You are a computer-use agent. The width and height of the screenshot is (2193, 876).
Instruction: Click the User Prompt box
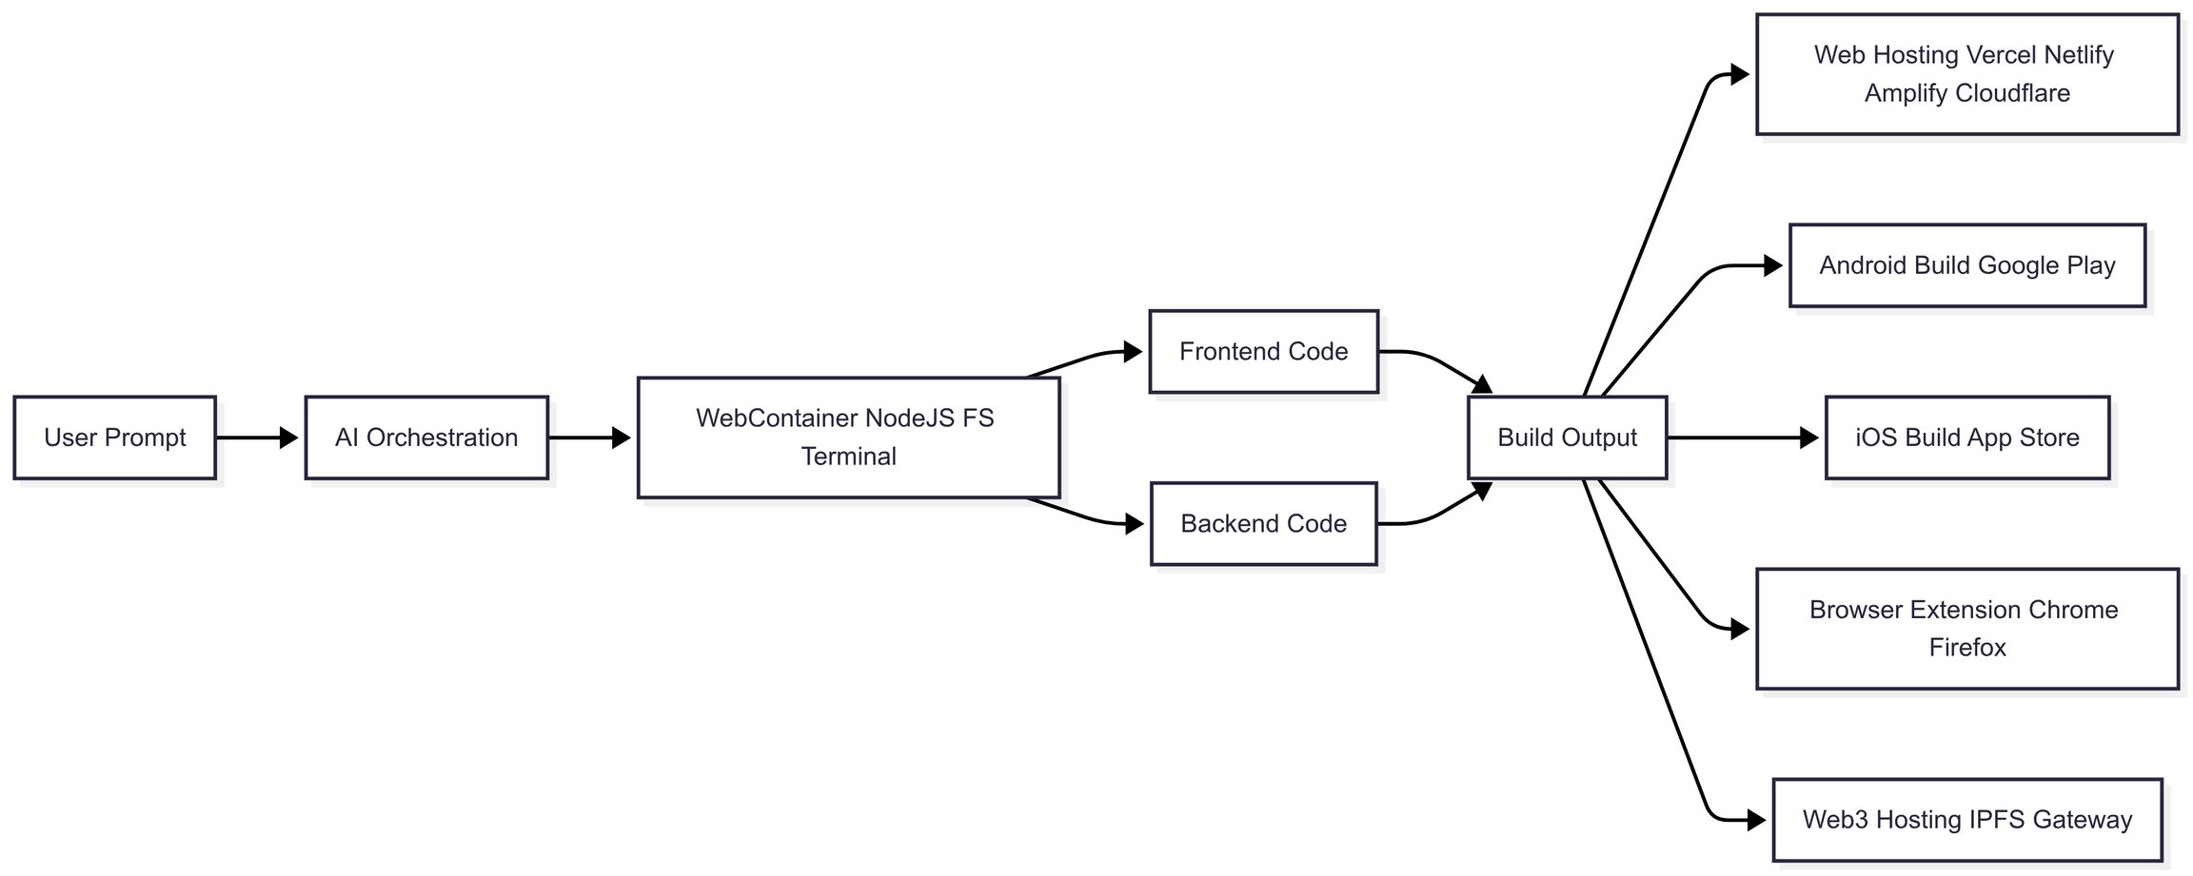pos(114,438)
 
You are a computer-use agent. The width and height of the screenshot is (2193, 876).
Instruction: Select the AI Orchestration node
pos(426,438)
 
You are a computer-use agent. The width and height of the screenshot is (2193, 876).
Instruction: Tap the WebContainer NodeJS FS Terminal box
pos(848,438)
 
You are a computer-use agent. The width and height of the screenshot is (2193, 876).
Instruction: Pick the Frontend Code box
pos(1263,352)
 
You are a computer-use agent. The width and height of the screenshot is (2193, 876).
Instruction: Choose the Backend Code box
pos(1263,524)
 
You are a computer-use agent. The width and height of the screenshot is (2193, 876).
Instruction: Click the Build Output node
pos(1567,438)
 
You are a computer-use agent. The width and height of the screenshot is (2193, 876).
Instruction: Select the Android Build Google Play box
pos(1966,265)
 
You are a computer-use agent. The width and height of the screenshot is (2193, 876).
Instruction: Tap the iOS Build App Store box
pos(1966,438)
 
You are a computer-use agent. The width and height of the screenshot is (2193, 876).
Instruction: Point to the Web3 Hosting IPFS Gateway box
pos(1966,820)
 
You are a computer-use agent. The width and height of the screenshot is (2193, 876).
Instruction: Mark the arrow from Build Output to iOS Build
pos(1742,438)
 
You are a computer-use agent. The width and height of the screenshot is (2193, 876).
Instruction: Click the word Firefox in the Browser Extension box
pos(1966,648)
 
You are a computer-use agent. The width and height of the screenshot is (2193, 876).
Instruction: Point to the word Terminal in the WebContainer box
pos(848,457)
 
